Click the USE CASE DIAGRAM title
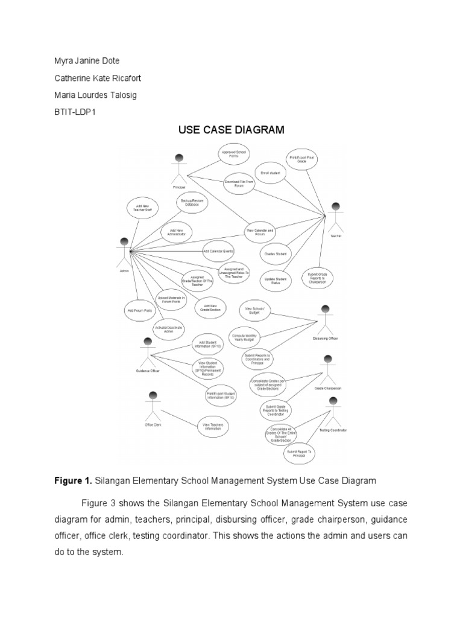click(231, 129)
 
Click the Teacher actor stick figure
click(336, 217)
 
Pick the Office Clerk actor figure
click(153, 406)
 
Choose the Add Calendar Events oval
click(218, 250)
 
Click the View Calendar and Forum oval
click(260, 231)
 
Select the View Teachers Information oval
click(213, 426)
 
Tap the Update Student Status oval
click(276, 280)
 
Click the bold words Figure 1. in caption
click(73, 481)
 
